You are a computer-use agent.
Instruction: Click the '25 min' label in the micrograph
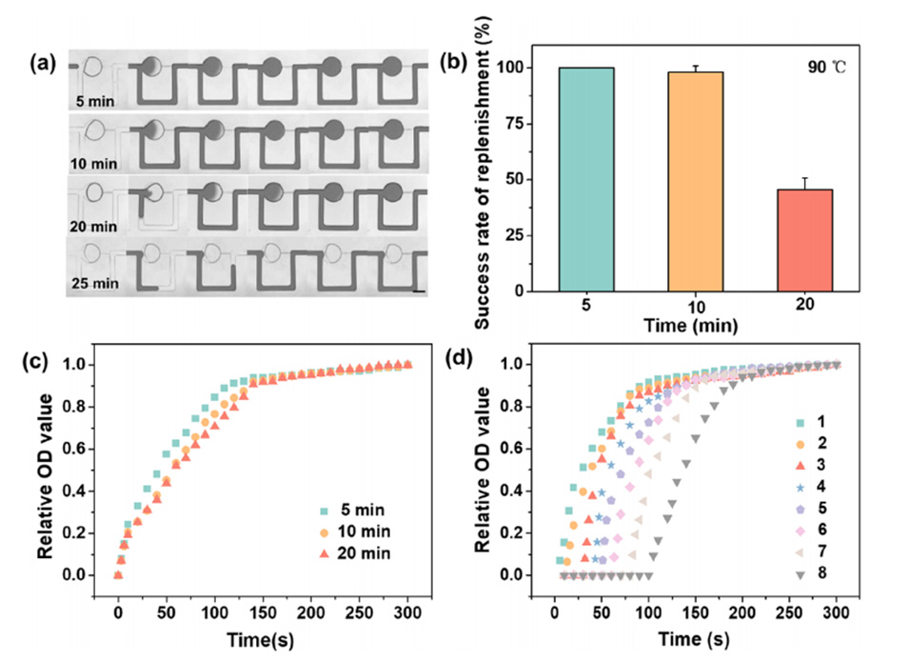tap(98, 284)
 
